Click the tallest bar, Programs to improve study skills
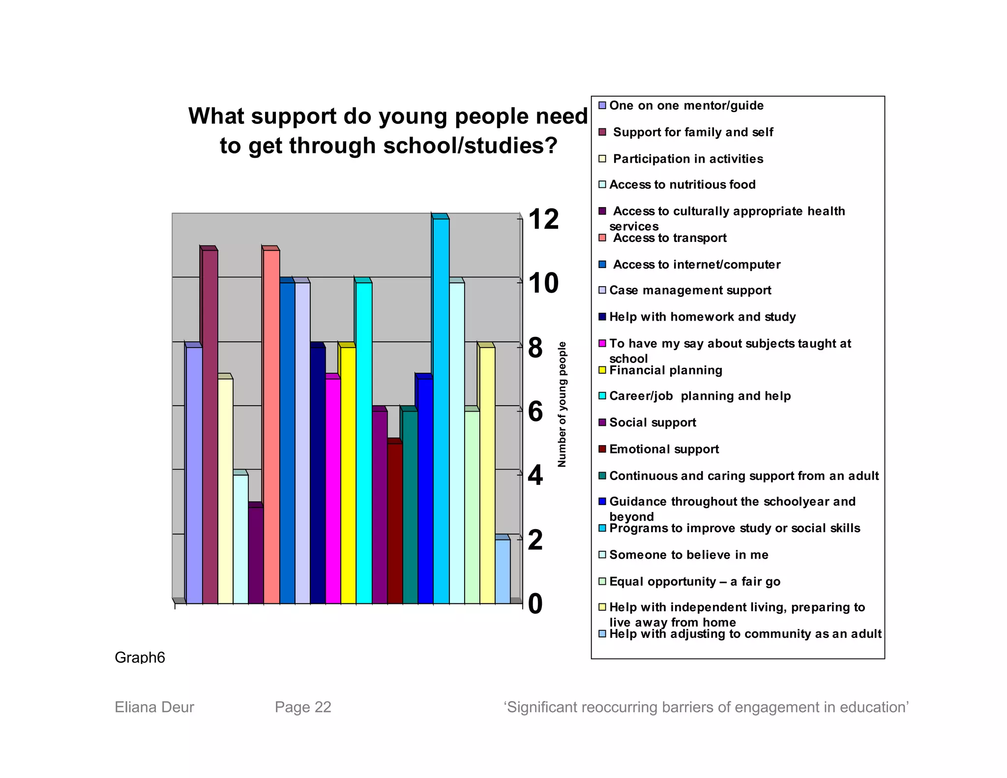(441, 411)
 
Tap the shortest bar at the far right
(503, 571)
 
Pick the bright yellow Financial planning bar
(348, 475)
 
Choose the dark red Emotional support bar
(395, 523)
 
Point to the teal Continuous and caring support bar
(410, 507)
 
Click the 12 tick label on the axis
(543, 219)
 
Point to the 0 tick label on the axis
(535, 603)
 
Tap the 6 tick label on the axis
(535, 411)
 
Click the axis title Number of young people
(562, 404)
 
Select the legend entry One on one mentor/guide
(686, 106)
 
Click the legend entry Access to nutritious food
(682, 185)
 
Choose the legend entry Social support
(652, 423)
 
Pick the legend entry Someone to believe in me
(688, 555)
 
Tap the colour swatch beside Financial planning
(602, 370)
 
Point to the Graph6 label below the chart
(140, 658)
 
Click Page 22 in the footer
(303, 707)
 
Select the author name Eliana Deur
(154, 707)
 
